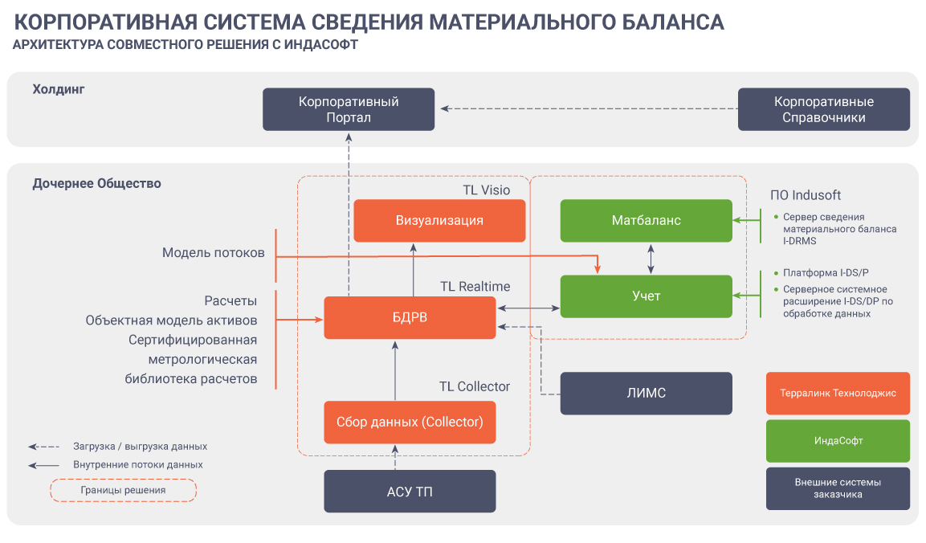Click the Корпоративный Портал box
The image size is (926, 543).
tap(349, 109)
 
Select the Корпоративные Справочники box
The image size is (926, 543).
tap(824, 109)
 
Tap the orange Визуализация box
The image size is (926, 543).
tap(439, 220)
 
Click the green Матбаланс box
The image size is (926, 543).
tap(646, 220)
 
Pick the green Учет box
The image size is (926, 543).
tap(646, 296)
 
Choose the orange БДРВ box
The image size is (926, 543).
tap(410, 317)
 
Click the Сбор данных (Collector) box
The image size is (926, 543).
tap(410, 422)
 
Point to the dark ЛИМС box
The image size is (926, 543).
tap(646, 393)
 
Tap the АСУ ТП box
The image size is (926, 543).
tap(410, 491)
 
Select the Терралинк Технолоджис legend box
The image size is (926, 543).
tap(838, 393)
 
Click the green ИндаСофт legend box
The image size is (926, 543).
tap(838, 441)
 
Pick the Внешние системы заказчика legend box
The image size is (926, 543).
tap(838, 488)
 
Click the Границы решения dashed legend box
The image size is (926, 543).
tap(123, 490)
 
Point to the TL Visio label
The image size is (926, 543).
tap(486, 190)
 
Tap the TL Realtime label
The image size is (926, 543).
tap(475, 286)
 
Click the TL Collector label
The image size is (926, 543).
tap(474, 386)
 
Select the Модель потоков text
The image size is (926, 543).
tap(213, 252)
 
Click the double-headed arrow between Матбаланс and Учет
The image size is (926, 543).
tap(651, 259)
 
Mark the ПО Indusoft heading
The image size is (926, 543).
tap(805, 195)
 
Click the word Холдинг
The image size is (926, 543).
tap(59, 89)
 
